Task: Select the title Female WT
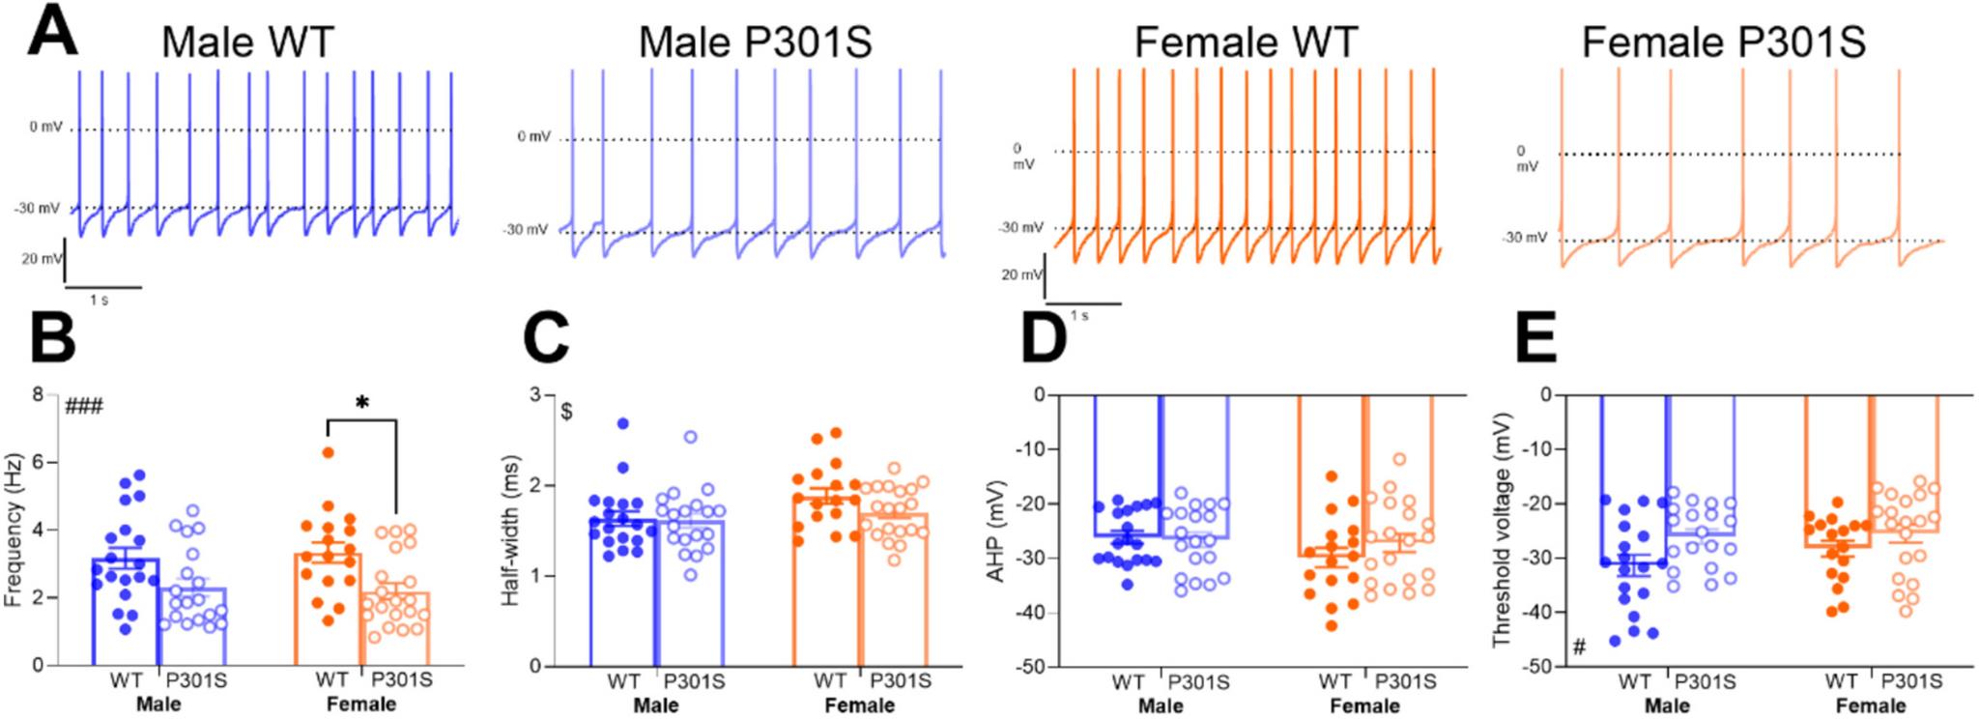point(1246,43)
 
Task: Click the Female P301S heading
point(1723,43)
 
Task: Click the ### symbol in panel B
point(84,406)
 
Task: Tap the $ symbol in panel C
point(567,412)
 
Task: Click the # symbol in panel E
point(1579,647)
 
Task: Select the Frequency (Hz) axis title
point(13,530)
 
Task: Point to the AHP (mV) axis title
point(994,530)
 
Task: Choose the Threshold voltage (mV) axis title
point(1501,530)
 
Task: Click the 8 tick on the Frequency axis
point(38,394)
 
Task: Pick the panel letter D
point(1044,337)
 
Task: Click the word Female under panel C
point(859,705)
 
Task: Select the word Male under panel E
point(1667,705)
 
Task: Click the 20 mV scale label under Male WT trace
point(42,259)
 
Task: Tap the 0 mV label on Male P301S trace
point(533,136)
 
